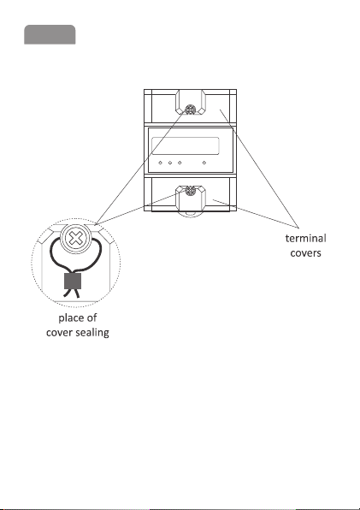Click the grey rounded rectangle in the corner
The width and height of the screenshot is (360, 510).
[50, 34]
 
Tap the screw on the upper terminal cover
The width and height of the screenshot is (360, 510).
[189, 110]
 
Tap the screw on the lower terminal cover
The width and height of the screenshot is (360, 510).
[190, 191]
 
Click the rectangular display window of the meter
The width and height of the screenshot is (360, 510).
[186, 145]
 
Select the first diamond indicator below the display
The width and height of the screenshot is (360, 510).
[160, 163]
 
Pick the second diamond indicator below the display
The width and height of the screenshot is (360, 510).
[170, 163]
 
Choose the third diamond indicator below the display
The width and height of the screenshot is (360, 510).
[180, 163]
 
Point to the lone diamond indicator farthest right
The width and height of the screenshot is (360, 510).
[204, 163]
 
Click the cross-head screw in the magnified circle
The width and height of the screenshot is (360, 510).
[75, 239]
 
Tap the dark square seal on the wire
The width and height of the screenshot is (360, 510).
[73, 281]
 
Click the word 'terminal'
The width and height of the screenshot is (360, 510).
[306, 239]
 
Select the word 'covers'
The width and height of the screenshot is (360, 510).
[306, 253]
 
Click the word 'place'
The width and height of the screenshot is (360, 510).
[70, 318]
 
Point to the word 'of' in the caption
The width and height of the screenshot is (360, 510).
[91, 317]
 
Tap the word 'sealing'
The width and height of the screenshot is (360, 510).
[92, 332]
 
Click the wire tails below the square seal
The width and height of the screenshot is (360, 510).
[72, 294]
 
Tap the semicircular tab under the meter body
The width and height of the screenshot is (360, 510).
[191, 214]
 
